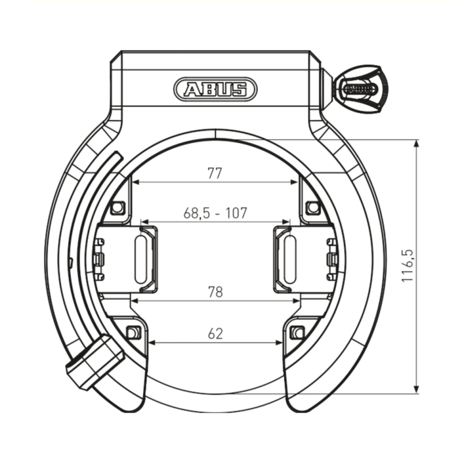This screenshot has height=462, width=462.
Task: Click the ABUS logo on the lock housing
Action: tap(215, 89)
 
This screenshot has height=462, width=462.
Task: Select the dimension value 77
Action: tap(215, 173)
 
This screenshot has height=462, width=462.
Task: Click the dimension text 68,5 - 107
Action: tap(215, 213)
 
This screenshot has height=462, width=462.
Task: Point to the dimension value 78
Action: tap(215, 292)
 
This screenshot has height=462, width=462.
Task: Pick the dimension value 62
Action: tap(215, 333)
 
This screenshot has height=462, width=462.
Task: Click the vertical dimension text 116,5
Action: tap(408, 266)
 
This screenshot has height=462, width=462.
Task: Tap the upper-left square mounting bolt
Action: tap(118, 207)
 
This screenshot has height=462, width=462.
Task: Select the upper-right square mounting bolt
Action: tap(312, 207)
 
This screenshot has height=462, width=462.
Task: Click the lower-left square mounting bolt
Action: tap(132, 332)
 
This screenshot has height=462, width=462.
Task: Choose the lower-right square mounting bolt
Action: tap(297, 332)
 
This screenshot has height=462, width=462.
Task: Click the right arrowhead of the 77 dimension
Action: tap(295, 182)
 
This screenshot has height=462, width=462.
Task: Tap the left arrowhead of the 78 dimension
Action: tap(135, 301)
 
